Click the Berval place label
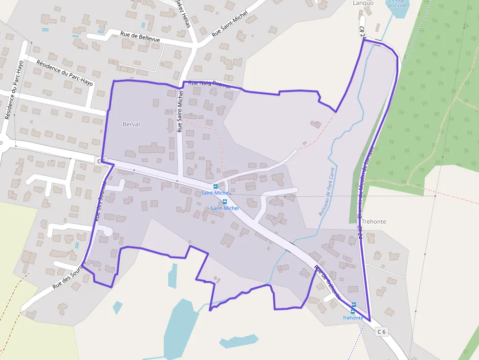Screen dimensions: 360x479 coord(131,125)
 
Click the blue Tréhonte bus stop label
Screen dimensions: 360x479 coord(353,318)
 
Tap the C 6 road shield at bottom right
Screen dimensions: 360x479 coord(382,332)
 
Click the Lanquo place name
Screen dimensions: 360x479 coord(363,3)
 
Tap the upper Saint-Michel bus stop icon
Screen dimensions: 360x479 coord(216,187)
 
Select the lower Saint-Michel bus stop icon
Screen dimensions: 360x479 coord(225,202)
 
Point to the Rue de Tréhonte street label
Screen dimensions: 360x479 coord(327,282)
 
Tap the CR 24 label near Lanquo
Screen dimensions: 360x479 coord(362,32)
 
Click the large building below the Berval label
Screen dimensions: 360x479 coord(152,148)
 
